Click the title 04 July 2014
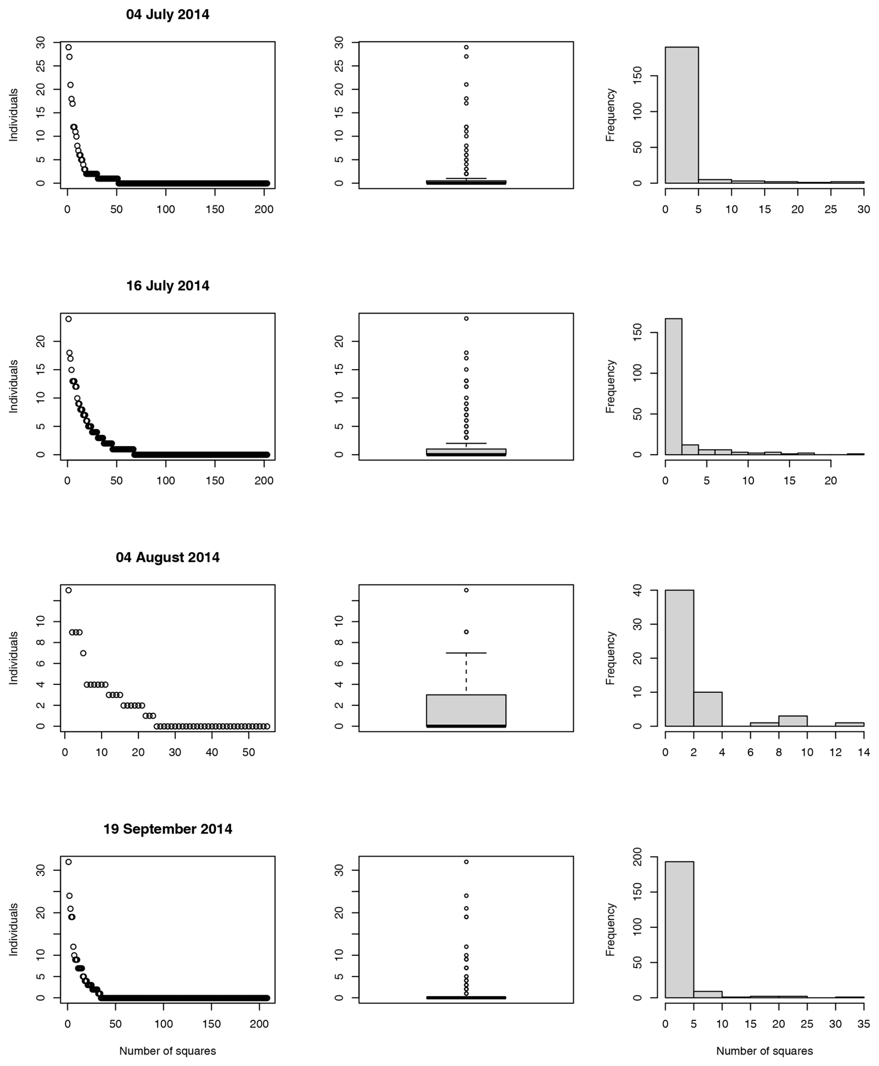(168, 15)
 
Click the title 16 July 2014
(168, 286)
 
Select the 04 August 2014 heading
(168, 557)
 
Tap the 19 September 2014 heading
(168, 829)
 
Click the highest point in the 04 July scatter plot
(68, 47)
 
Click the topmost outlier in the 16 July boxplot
(466, 319)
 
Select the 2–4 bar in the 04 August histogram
(708, 709)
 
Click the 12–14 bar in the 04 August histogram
(850, 724)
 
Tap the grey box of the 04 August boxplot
(466, 709)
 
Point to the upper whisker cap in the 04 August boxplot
(466, 653)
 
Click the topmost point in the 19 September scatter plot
(68, 862)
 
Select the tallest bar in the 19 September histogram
(680, 930)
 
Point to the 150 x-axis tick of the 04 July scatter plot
(215, 210)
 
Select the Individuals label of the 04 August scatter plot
(13, 658)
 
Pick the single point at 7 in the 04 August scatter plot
(84, 653)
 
